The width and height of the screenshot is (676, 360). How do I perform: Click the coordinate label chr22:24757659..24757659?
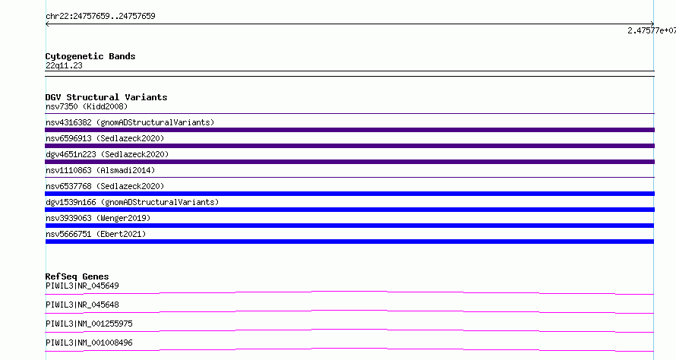100,17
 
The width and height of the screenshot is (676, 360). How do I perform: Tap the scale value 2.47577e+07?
652,30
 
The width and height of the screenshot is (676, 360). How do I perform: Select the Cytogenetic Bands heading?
90,56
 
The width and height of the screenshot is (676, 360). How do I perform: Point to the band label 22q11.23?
64,65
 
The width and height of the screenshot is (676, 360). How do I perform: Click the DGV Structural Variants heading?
106,97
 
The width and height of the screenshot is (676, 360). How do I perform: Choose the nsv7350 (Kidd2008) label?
87,106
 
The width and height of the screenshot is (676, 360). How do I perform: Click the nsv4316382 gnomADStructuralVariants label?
130,122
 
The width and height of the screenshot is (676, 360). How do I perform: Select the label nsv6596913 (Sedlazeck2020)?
105,138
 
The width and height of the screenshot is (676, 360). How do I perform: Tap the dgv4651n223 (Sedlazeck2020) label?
107,154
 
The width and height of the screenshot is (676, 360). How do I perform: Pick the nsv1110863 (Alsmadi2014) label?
100,170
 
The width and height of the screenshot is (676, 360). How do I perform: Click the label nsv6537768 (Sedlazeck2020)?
105,186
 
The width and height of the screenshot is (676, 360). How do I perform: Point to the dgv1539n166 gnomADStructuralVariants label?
132,202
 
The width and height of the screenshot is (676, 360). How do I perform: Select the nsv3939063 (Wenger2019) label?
98,218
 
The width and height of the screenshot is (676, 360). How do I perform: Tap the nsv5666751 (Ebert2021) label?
96,234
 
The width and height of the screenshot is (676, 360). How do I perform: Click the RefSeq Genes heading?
77,276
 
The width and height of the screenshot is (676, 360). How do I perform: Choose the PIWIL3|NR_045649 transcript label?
82,286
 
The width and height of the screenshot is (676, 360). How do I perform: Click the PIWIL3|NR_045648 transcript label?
82,305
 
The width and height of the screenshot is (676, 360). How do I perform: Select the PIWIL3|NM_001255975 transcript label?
89,324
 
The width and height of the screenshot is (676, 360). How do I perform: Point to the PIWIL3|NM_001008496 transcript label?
89,343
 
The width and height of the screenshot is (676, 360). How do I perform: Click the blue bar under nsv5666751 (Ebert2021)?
349,242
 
